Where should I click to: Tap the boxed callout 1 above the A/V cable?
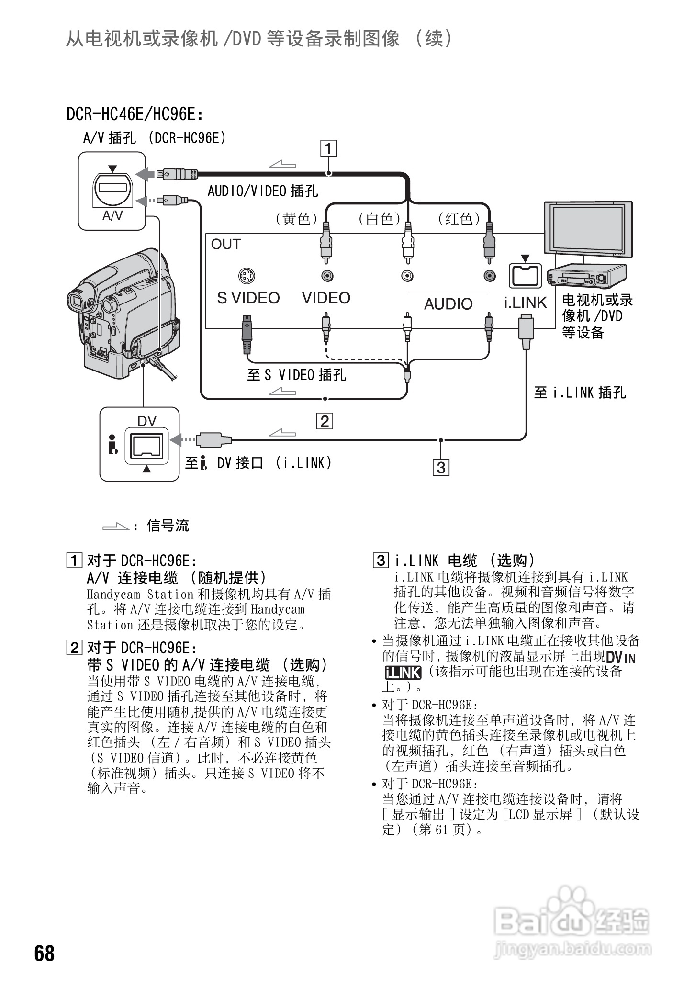[328, 149]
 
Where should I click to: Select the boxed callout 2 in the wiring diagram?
[325, 421]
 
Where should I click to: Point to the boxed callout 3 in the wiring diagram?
[441, 467]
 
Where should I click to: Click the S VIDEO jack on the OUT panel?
[247, 276]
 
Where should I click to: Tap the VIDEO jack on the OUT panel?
[326, 276]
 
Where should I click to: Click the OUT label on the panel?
[225, 244]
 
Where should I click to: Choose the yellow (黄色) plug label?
[297, 219]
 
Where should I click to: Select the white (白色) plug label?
[379, 219]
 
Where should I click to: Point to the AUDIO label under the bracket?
[448, 303]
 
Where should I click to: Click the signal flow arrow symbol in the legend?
[116, 527]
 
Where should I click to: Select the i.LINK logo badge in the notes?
[403, 673]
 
